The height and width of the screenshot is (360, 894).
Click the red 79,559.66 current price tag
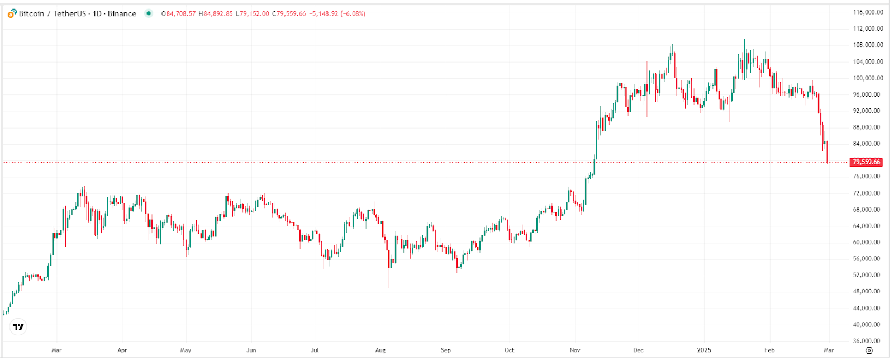pyautogui.click(x=866, y=162)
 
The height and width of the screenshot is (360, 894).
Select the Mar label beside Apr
pyautogui.click(x=56, y=350)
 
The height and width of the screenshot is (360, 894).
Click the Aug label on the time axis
pyautogui.click(x=381, y=350)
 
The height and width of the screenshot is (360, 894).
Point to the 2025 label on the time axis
pyautogui.click(x=704, y=350)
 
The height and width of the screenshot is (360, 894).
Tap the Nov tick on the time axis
pyautogui.click(x=575, y=350)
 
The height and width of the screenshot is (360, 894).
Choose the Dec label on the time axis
pyautogui.click(x=638, y=350)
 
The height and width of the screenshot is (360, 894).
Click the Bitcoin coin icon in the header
pyautogui.click(x=12, y=13)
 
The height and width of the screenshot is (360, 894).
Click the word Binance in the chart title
pyautogui.click(x=122, y=13)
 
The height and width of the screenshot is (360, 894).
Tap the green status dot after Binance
pyautogui.click(x=149, y=13)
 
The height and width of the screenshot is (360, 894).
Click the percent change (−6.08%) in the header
pyautogui.click(x=353, y=13)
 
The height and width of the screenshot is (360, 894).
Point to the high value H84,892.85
pyautogui.click(x=216, y=13)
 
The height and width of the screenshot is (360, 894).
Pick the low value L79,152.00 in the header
pyautogui.click(x=252, y=13)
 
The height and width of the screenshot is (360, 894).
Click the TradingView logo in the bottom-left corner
pyautogui.click(x=18, y=327)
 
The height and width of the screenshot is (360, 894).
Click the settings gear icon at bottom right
pyautogui.click(x=869, y=350)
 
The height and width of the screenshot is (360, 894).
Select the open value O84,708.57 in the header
pyautogui.click(x=179, y=13)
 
